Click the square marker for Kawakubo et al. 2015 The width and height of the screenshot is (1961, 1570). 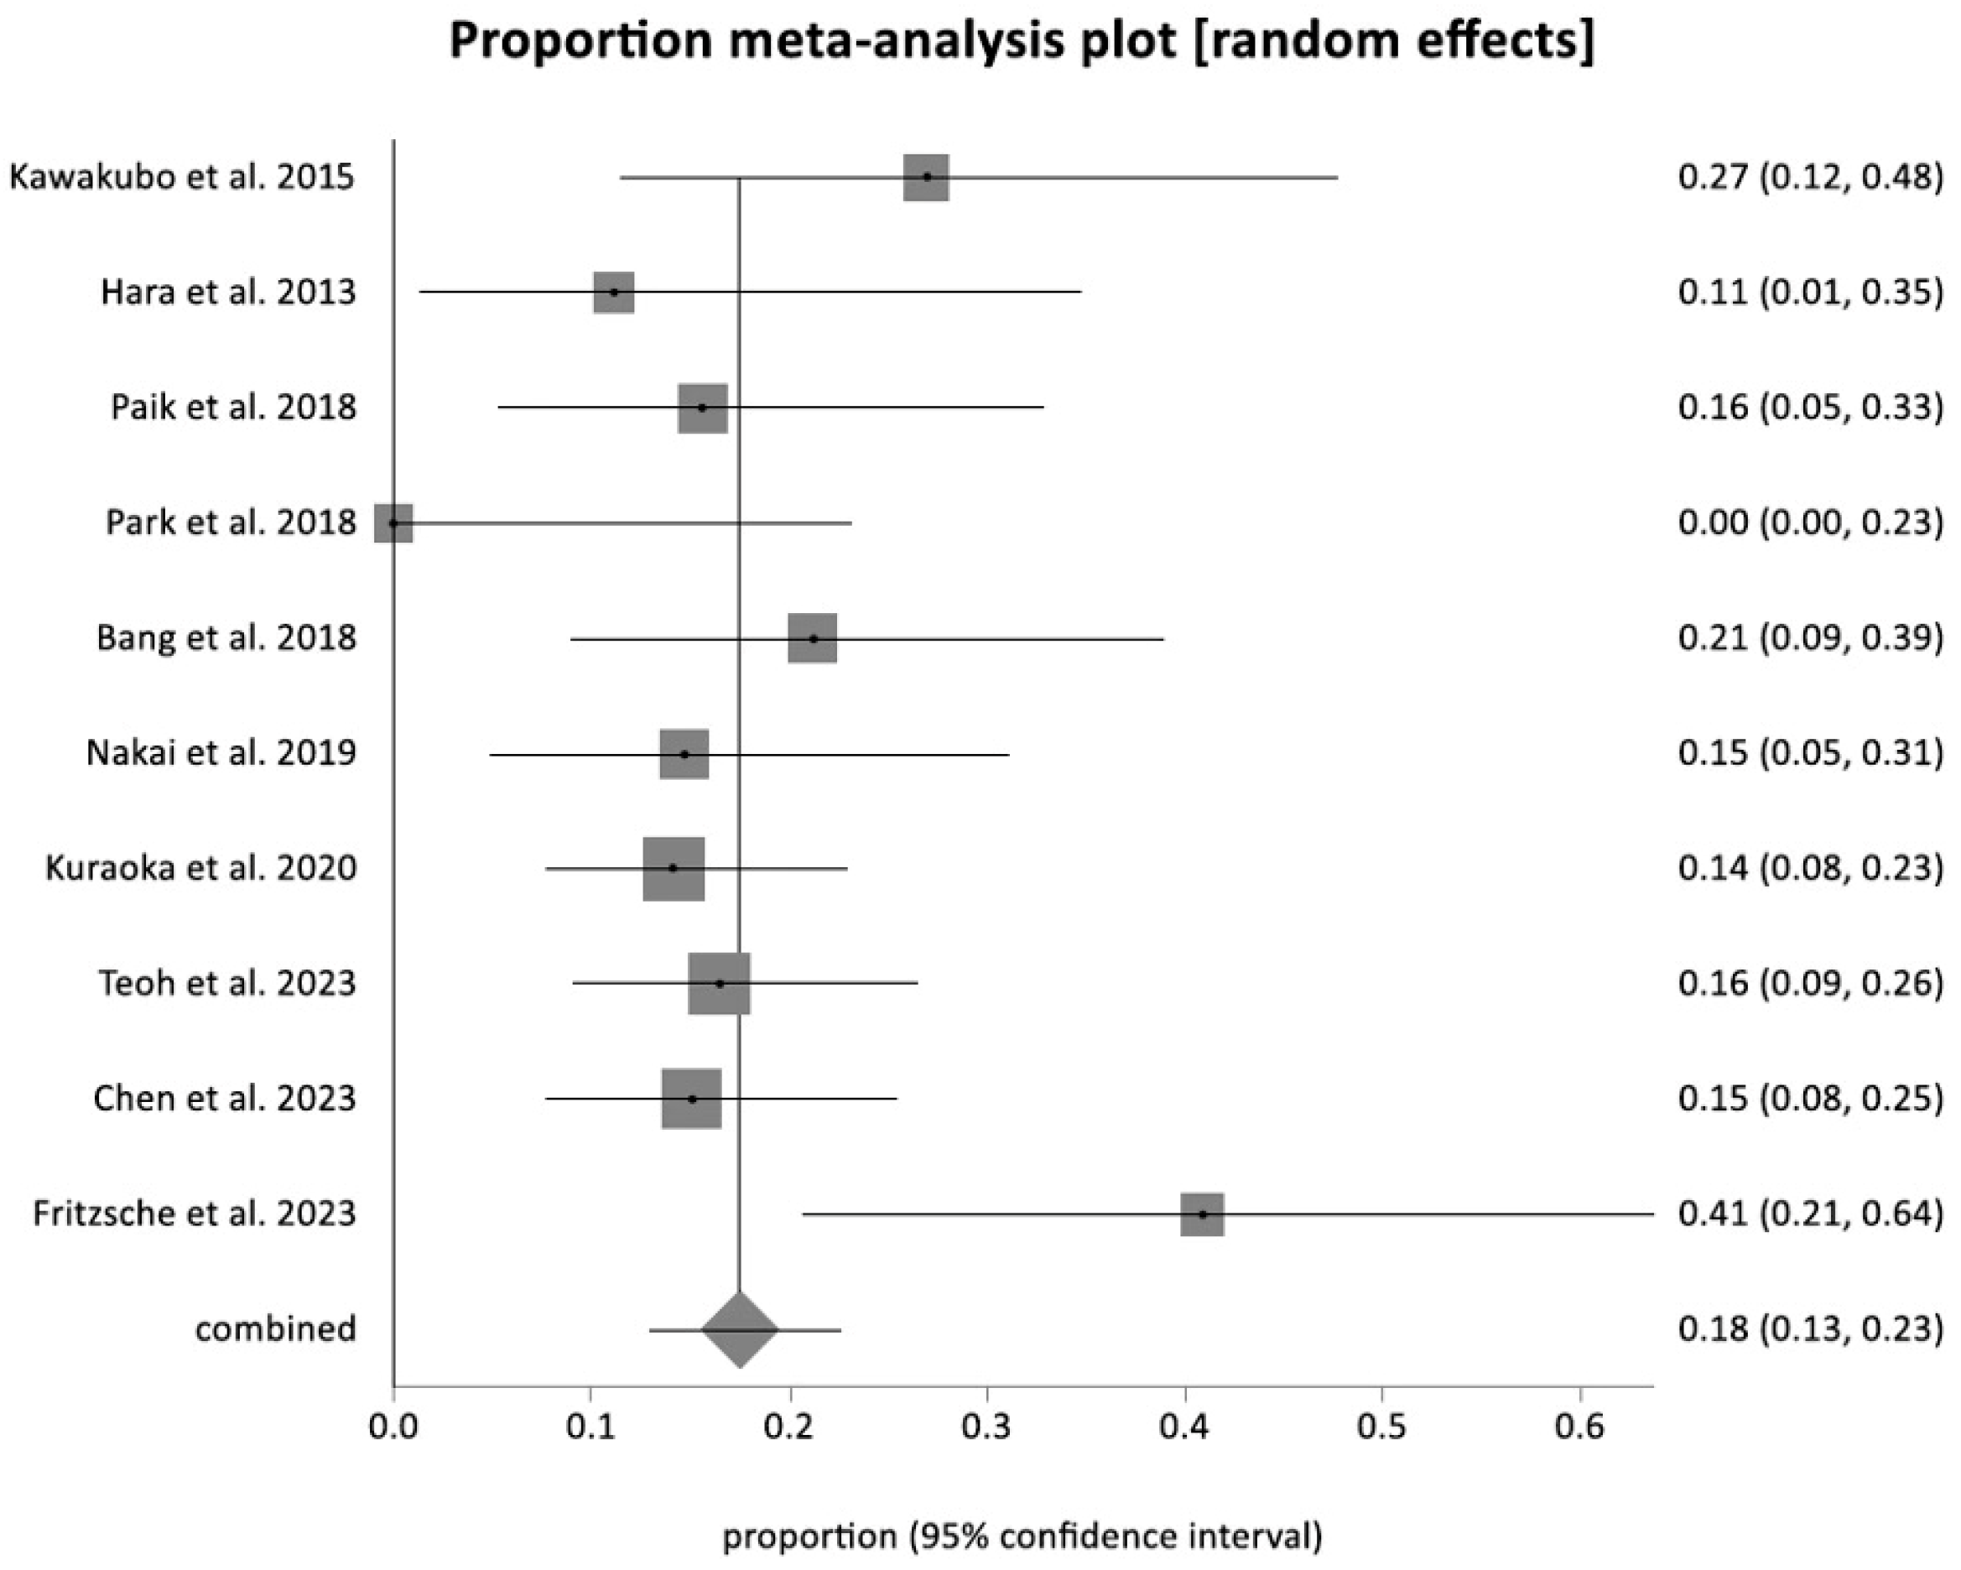(x=926, y=177)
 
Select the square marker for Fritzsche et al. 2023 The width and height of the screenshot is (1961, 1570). (x=1202, y=1214)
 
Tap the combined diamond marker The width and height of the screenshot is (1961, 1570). (x=740, y=1329)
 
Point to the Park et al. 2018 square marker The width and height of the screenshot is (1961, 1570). (x=394, y=523)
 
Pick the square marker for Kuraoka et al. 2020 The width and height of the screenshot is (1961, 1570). (x=673, y=869)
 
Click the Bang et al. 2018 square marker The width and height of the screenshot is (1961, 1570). (x=812, y=638)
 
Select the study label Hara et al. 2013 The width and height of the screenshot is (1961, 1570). (x=227, y=292)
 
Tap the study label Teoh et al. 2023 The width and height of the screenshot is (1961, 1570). (x=226, y=983)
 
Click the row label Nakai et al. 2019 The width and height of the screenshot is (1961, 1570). (x=221, y=753)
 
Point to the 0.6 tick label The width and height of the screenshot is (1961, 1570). (x=1580, y=1427)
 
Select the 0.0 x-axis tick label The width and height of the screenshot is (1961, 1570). (x=394, y=1427)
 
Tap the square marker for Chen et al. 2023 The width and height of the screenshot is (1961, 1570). (x=691, y=1099)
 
